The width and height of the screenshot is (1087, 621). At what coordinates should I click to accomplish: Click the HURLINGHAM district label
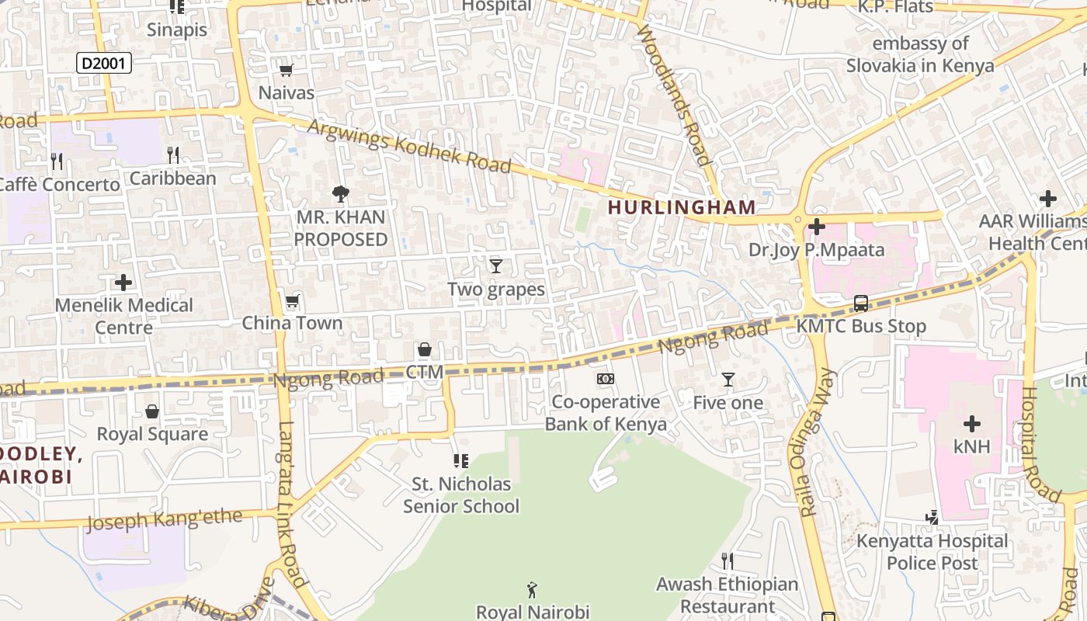681,207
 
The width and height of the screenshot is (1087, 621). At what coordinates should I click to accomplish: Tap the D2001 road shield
104,63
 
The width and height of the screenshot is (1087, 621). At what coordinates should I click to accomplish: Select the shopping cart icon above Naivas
286,71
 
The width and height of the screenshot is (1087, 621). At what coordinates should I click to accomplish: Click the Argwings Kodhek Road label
410,146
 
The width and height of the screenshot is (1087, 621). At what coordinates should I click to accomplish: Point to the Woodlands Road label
674,95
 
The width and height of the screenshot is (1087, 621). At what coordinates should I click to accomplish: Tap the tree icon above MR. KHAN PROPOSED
340,194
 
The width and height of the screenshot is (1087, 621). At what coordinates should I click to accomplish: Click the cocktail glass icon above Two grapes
496,266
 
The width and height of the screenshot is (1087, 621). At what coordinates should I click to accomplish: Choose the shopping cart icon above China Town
292,301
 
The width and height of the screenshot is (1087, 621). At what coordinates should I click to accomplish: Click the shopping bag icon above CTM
424,350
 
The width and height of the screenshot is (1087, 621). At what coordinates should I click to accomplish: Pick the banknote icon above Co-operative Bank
606,379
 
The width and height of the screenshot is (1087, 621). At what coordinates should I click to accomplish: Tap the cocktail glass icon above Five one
728,380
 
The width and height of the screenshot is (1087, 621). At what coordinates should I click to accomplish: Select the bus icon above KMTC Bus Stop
861,304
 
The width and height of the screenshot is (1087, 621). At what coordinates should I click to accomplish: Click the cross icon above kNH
971,424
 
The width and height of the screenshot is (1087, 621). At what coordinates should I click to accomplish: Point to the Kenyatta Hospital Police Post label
932,551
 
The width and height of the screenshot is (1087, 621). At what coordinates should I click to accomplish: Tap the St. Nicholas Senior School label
461,495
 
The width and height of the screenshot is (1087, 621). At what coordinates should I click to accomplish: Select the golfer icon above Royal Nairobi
532,590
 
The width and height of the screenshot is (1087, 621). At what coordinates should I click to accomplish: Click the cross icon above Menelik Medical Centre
123,283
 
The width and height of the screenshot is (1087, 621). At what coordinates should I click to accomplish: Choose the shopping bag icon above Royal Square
152,411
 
